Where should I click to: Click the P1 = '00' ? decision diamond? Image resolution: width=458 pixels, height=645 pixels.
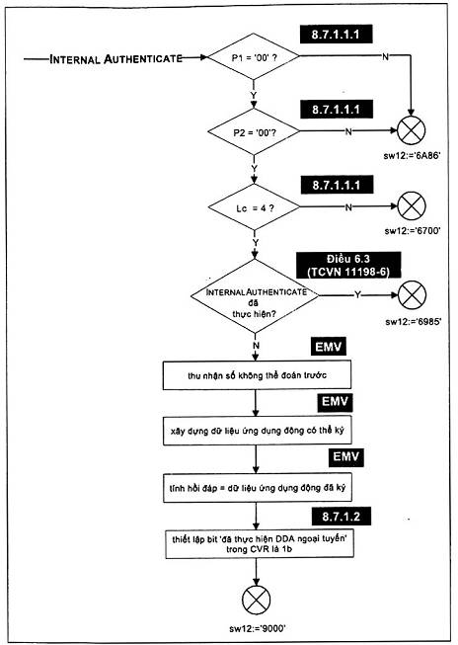click(254, 56)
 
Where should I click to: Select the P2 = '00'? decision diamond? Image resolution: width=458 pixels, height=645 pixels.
click(254, 131)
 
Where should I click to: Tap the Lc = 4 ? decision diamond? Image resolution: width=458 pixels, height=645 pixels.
click(254, 206)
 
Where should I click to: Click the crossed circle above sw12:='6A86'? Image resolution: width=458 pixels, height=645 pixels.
click(412, 130)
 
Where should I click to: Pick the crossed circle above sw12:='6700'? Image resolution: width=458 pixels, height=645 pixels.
click(412, 205)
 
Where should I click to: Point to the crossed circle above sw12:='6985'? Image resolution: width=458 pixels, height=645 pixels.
click(413, 295)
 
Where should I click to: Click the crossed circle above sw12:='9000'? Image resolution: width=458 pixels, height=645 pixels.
click(256, 600)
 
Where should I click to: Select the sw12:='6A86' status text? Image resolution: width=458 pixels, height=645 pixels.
click(413, 156)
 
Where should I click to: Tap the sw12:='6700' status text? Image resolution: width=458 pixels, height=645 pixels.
click(413, 231)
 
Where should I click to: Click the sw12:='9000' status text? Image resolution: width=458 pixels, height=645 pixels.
click(258, 628)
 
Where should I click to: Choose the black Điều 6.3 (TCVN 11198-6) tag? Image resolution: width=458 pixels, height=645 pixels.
click(348, 265)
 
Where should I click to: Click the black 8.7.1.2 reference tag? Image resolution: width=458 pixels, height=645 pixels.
click(342, 517)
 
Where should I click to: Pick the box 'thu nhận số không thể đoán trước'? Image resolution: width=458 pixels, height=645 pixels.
click(257, 374)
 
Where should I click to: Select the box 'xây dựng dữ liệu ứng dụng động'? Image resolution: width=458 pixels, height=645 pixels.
click(258, 431)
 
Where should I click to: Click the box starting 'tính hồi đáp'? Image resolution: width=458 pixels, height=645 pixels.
click(258, 487)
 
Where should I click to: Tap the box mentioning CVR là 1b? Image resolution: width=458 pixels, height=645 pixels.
click(259, 544)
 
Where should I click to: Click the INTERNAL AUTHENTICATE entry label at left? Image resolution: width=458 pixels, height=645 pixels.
click(115, 59)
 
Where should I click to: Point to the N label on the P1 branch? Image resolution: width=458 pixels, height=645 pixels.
click(385, 56)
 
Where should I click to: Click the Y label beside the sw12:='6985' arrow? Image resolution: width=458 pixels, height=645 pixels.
click(357, 295)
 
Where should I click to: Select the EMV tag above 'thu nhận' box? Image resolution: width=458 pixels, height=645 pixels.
click(329, 347)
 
